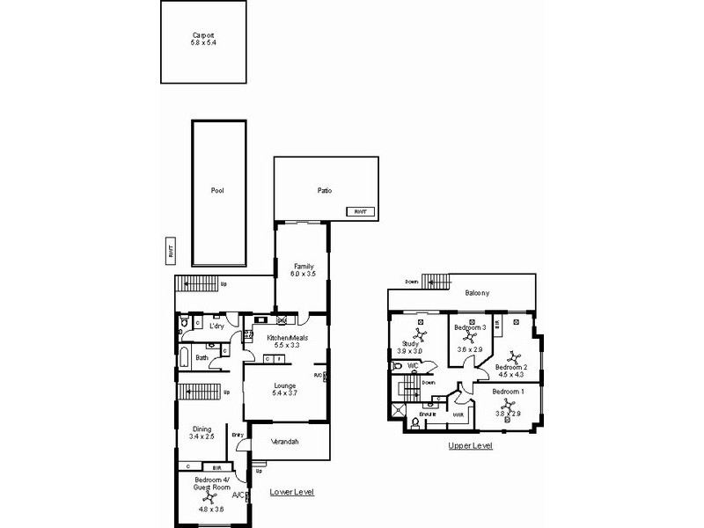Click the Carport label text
coord(203,35)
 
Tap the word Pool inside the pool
coord(217,190)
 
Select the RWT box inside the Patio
coord(359,212)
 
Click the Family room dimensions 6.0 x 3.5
coord(304,274)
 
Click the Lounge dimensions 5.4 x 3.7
coord(284,392)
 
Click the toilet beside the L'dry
coord(182,324)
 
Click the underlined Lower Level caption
coord(291,492)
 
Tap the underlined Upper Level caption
coord(471,446)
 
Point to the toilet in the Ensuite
coord(415,423)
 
